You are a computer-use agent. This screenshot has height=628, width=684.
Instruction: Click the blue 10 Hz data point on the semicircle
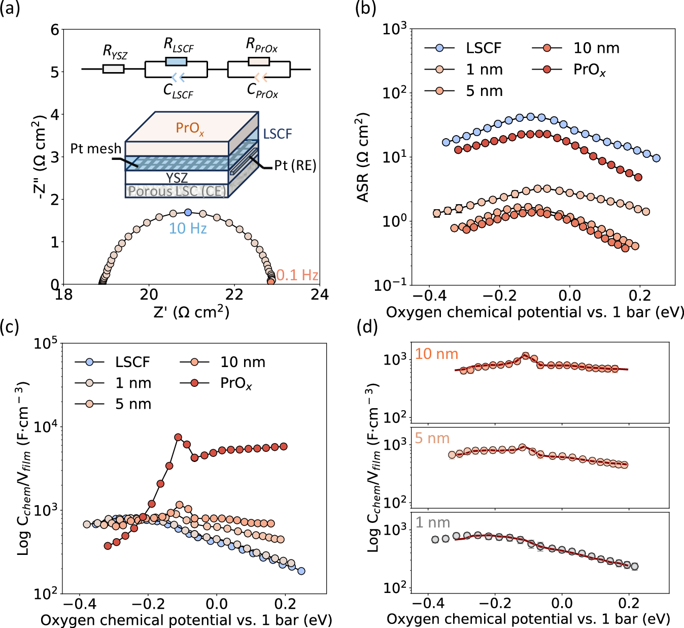tap(188, 212)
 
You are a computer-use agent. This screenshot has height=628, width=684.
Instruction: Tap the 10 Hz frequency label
tap(188, 228)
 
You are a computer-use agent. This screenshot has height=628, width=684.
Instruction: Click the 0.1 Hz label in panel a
tap(297, 275)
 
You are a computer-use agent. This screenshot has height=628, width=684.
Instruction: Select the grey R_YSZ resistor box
tap(113, 69)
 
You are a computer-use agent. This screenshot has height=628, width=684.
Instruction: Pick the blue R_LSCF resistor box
tap(176, 61)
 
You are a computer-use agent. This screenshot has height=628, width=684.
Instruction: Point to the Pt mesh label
tap(95, 149)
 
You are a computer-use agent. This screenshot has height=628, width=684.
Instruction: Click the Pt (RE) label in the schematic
tap(295, 166)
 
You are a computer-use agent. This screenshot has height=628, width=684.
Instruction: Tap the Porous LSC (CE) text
tap(177, 191)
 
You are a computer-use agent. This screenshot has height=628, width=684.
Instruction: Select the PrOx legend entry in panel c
tap(235, 383)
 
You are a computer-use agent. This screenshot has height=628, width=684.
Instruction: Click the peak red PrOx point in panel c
tap(178, 437)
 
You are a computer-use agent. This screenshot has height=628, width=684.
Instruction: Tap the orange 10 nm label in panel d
tap(436, 354)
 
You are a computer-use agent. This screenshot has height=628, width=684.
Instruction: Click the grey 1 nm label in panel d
tap(433, 522)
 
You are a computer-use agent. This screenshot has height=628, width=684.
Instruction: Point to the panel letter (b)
tap(365, 9)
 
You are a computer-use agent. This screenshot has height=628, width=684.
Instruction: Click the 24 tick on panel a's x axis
tap(320, 295)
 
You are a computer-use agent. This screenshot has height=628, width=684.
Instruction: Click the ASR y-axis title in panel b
tap(362, 157)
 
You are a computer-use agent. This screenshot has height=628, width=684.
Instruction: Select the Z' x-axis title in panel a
tap(191, 312)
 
